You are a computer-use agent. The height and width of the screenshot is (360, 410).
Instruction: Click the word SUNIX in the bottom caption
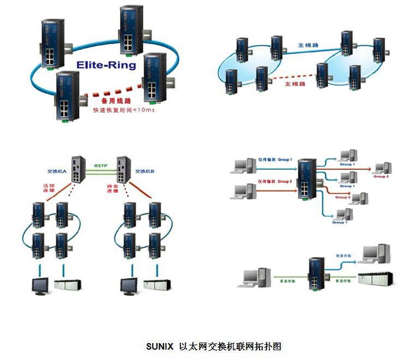point(159,346)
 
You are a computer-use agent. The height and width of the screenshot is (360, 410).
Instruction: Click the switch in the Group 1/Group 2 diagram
point(307,178)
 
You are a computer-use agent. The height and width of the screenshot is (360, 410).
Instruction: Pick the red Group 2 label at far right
point(381,176)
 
